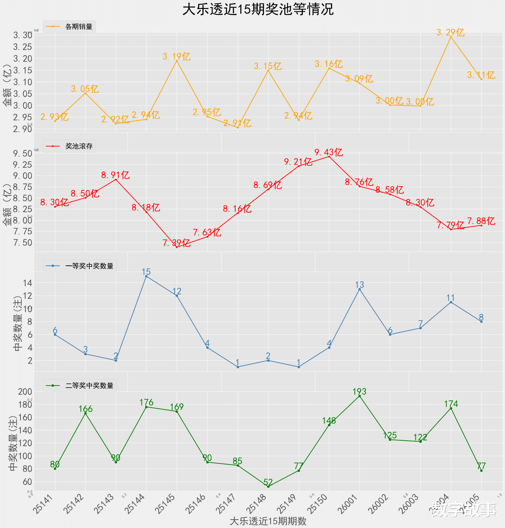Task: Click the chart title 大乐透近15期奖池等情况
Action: tap(258, 9)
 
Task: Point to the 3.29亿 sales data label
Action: tap(450, 32)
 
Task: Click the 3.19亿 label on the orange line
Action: tap(176, 56)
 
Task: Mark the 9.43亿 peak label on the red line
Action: tap(329, 152)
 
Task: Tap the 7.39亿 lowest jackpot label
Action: tap(176, 243)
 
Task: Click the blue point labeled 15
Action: tap(146, 276)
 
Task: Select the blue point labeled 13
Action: tap(359, 289)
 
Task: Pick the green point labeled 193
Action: tap(359, 396)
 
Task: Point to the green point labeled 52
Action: tap(268, 486)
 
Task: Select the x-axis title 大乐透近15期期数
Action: tap(268, 521)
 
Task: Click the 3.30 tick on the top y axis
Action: tap(23, 35)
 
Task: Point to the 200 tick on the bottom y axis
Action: tap(25, 392)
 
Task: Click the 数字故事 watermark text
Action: tap(464, 509)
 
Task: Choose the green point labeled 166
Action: tap(85, 413)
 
